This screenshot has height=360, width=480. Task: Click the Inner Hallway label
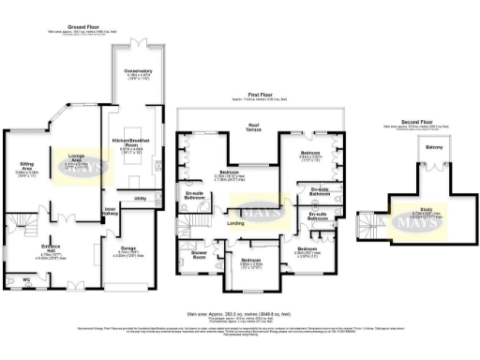pyautogui.click(x=111, y=210)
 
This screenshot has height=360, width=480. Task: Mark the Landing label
pyautogui.click(x=237, y=223)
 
